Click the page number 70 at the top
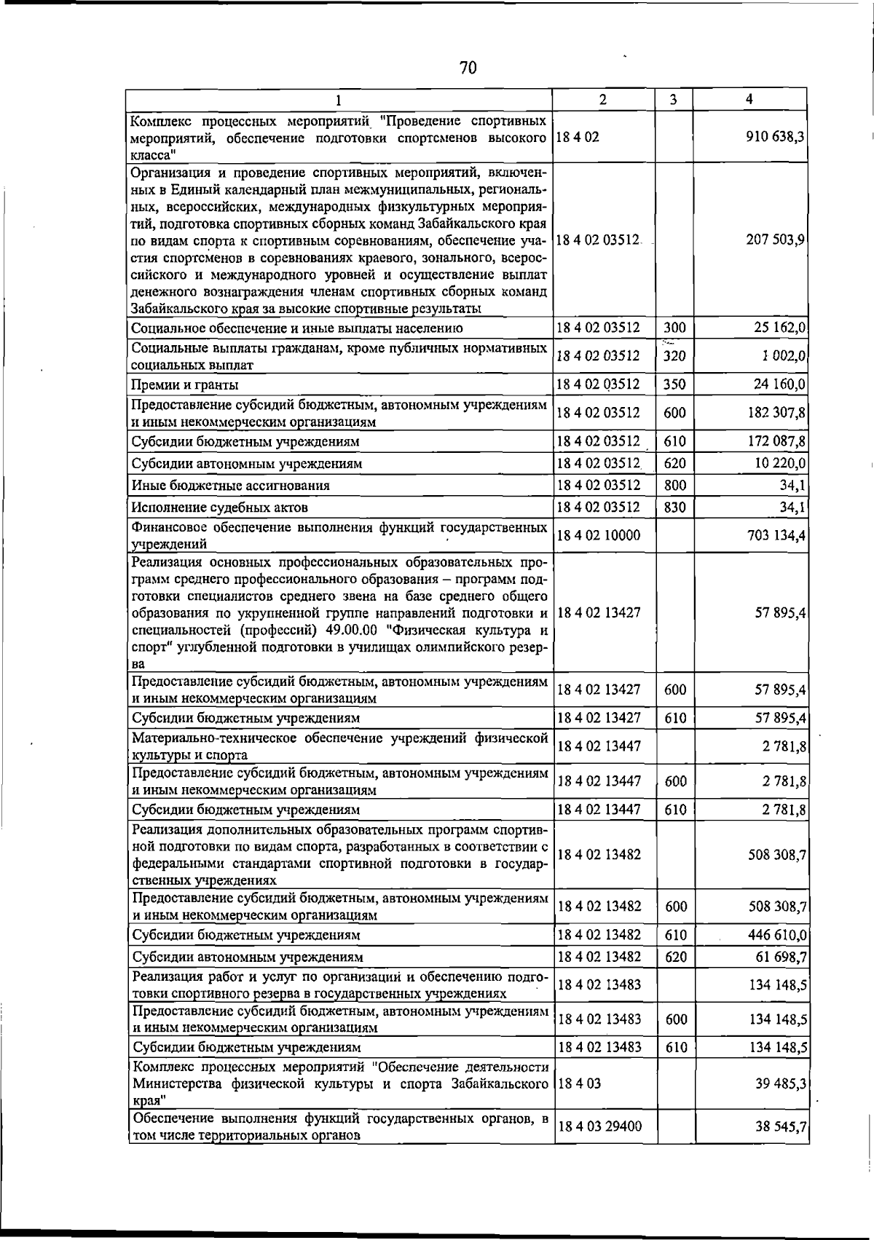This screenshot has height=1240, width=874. pos(468,68)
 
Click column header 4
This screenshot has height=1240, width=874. pos(749,99)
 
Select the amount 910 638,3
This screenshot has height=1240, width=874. pos(775,137)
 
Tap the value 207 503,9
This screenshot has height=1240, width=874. pos(775,240)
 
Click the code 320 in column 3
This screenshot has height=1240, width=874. pos(674,356)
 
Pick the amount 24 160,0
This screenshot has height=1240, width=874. pos(779,384)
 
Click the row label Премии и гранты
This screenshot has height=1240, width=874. pos(185,384)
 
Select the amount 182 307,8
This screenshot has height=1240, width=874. pos(775,413)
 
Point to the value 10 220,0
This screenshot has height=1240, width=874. pos(779,463)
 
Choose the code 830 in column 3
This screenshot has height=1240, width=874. pos(674,508)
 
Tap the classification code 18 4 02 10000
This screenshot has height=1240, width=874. pos(599,536)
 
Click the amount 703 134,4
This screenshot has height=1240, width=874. pos(775,536)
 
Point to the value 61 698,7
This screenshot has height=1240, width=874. pos(779,957)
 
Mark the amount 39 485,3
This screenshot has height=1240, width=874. pos(780,1084)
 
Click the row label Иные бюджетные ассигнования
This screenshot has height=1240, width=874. pos(230,486)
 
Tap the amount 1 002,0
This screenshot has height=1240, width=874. pos(782,356)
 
